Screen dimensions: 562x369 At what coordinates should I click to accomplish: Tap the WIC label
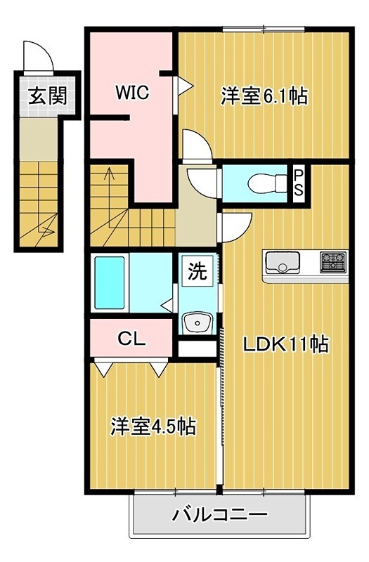tap(131, 93)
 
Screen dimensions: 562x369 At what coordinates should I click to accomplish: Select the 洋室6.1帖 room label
tap(264, 96)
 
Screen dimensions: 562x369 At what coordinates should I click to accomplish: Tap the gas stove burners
tap(332, 263)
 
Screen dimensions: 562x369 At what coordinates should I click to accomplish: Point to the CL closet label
tap(131, 339)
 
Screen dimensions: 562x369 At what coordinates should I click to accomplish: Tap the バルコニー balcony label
tap(220, 516)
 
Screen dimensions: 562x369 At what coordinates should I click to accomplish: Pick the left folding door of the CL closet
tap(103, 367)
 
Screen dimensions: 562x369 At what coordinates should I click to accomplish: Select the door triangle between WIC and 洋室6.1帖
tap(184, 86)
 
